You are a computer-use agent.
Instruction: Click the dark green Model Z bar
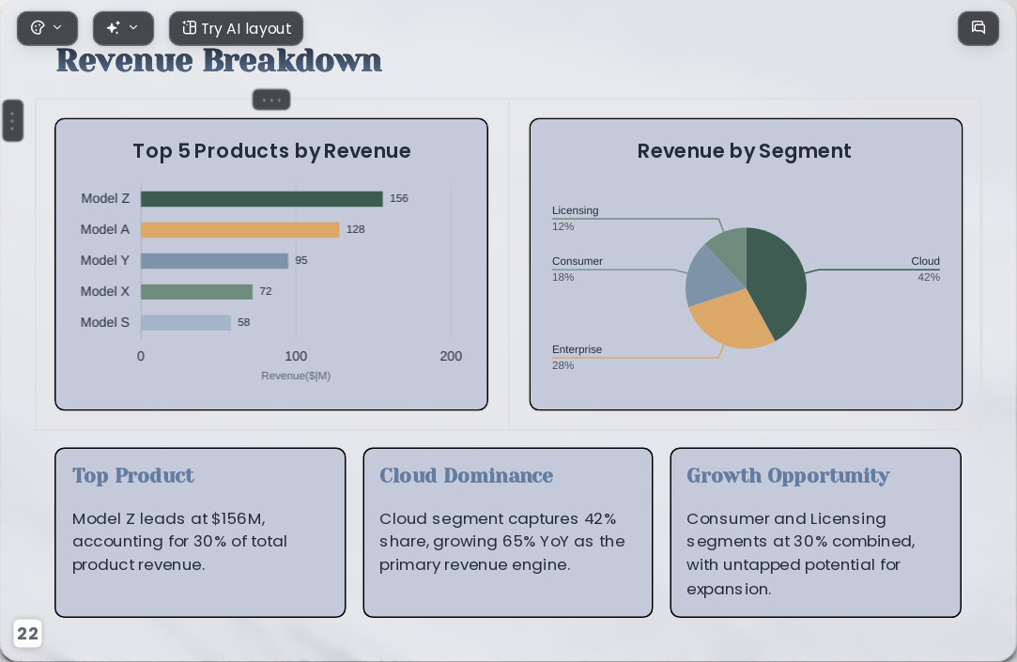coord(261,198)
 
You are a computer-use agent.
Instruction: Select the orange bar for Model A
coord(240,229)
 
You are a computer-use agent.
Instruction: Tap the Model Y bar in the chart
coord(214,261)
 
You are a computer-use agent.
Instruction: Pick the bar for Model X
coord(196,292)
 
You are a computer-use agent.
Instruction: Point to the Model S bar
coord(186,322)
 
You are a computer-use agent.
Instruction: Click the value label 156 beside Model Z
coord(399,198)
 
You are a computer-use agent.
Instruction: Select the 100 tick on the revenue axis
coord(296,356)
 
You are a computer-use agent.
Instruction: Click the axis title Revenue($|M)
coord(296,376)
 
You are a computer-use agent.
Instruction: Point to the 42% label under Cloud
coord(929,278)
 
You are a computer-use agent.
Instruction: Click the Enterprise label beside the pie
coord(577,349)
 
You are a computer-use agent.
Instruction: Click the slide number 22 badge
coord(27,634)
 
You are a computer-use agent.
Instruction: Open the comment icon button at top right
coord(978,28)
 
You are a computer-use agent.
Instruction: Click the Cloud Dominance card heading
coord(467,475)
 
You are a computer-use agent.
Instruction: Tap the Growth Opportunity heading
coord(788,476)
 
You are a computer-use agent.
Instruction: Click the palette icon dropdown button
coord(47,28)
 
